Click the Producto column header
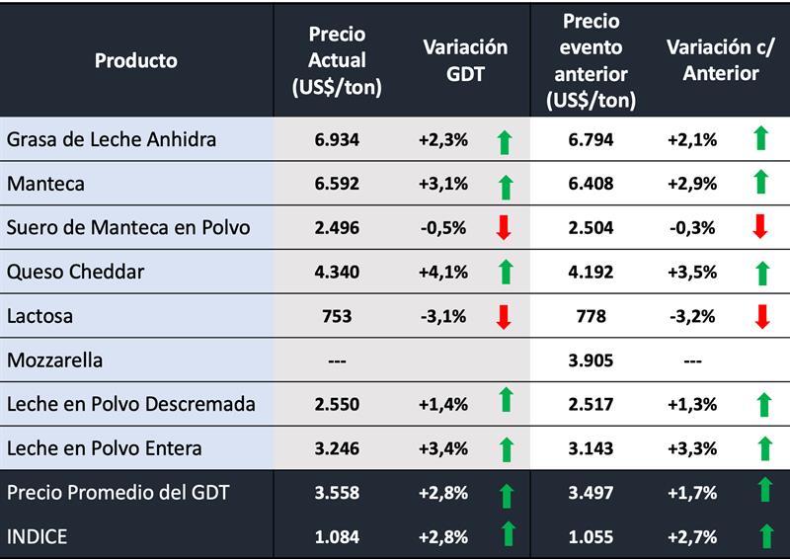click(x=136, y=60)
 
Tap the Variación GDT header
click(x=465, y=60)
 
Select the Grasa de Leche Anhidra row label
click(x=112, y=139)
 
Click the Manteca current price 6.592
click(x=337, y=184)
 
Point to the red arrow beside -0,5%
click(x=505, y=228)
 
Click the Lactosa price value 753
click(x=337, y=316)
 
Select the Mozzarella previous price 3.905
click(x=591, y=360)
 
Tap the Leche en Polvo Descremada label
click(x=131, y=404)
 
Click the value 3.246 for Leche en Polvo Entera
click(x=337, y=448)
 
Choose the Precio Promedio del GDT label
click(x=118, y=493)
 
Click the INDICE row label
click(x=38, y=536)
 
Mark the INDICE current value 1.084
click(x=337, y=536)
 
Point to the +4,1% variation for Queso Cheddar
click(x=442, y=272)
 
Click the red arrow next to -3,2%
click(x=760, y=316)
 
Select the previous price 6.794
click(x=591, y=139)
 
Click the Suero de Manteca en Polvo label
click(x=128, y=228)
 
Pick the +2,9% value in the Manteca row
click(x=692, y=184)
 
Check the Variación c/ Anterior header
click(x=712, y=60)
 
